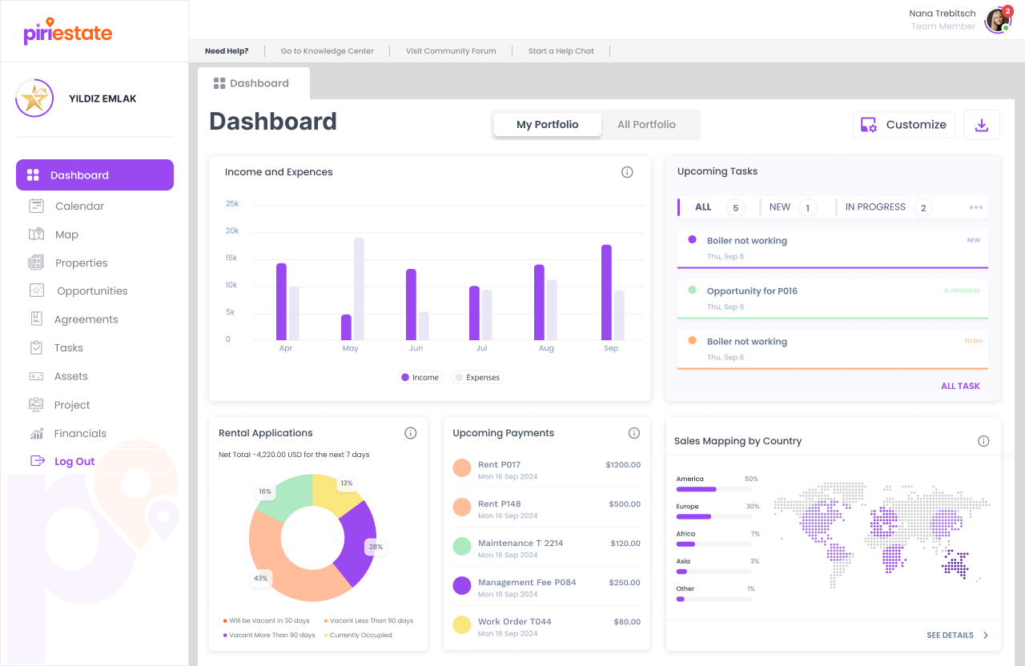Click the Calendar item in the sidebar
click(79, 206)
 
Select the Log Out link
click(74, 461)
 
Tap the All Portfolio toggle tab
click(646, 125)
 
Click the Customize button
click(904, 125)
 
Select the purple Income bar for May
click(346, 327)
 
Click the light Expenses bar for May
click(359, 288)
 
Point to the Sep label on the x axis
click(611, 348)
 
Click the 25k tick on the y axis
click(232, 203)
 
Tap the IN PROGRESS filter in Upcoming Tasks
click(875, 207)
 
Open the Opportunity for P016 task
click(752, 291)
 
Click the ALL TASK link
click(960, 386)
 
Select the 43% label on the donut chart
click(260, 578)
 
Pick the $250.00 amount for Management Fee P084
click(624, 582)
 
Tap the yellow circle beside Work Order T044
click(462, 625)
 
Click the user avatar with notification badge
click(997, 20)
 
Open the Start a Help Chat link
click(561, 51)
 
